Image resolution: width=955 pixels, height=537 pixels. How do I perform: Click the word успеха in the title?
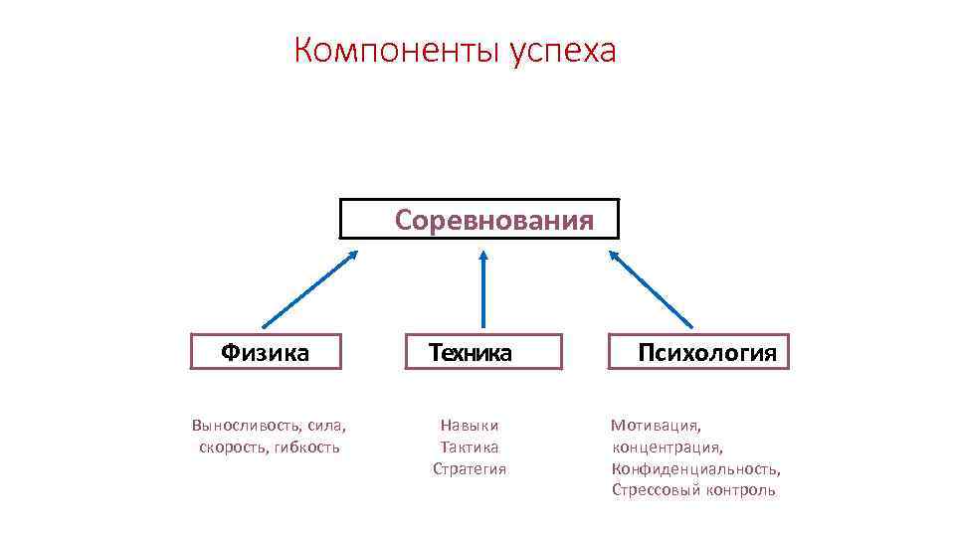pyautogui.click(x=563, y=52)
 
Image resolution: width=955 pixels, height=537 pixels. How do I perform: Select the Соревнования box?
pyautogui.click(x=479, y=219)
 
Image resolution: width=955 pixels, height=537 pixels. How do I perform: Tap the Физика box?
pyautogui.click(x=266, y=352)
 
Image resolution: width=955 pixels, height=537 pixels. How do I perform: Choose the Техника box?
pyautogui.click(x=482, y=352)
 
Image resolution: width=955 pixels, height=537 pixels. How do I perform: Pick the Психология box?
pyautogui.click(x=698, y=352)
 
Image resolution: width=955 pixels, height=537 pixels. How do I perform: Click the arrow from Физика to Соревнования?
pyautogui.click(x=308, y=288)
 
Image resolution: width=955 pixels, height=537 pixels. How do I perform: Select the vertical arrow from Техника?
pyautogui.click(x=483, y=288)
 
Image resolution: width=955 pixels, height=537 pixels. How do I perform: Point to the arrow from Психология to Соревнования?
pyautogui.click(x=652, y=288)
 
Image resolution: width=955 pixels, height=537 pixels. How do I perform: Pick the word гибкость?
pyautogui.click(x=307, y=447)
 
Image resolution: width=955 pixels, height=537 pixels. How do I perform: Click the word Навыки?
pyautogui.click(x=470, y=426)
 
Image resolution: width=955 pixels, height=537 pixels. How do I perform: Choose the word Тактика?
pyautogui.click(x=470, y=447)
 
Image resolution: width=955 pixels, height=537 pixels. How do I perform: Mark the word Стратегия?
pyautogui.click(x=470, y=469)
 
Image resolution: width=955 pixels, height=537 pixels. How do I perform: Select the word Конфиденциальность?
pyautogui.click(x=695, y=469)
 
